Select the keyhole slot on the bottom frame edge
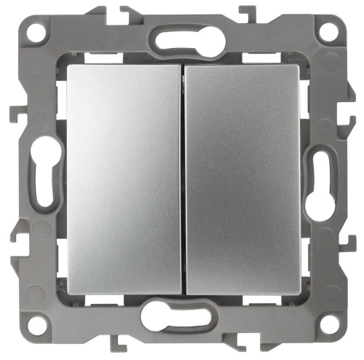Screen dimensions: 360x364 point(182,318)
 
